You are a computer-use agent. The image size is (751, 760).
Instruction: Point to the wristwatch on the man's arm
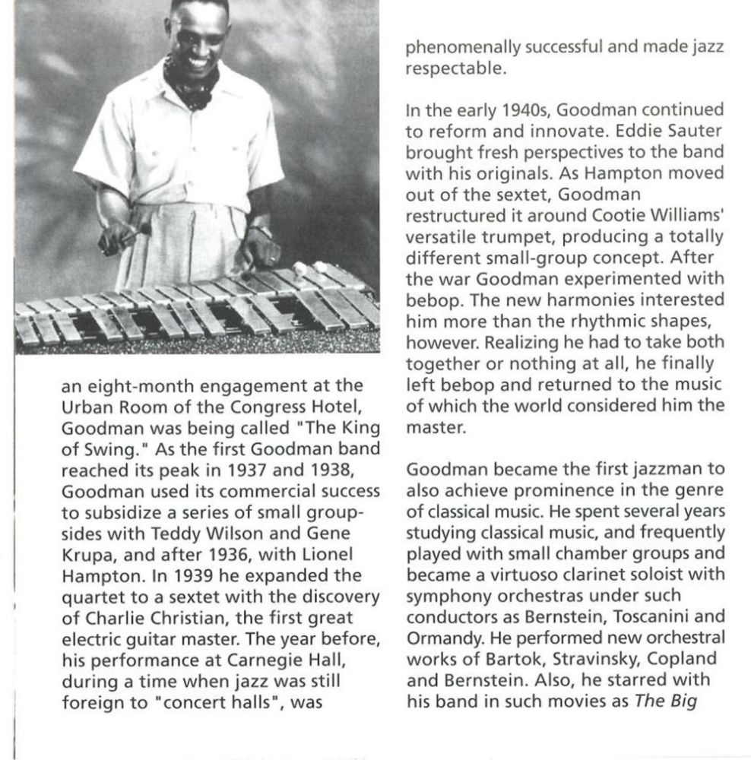(261, 229)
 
